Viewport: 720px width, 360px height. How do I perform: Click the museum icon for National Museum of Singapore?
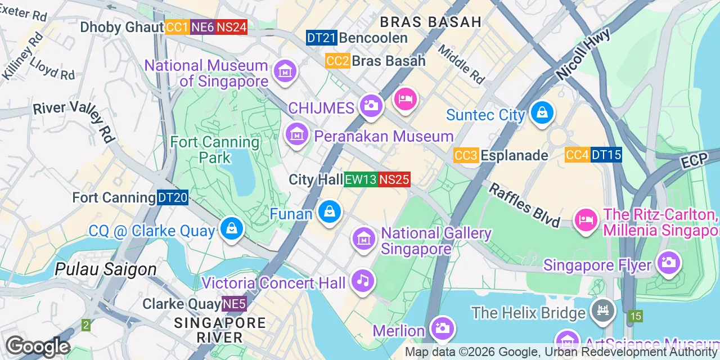[x=285, y=71]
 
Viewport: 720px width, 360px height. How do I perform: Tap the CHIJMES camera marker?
[x=371, y=105]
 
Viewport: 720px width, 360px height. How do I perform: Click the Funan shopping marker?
[x=330, y=212]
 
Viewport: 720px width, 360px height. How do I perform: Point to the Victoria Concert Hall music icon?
[x=363, y=280]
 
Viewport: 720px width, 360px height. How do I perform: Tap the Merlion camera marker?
[x=442, y=328]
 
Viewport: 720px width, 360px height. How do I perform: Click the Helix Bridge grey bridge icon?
[x=602, y=310]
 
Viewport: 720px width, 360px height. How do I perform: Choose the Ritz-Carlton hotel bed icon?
[x=586, y=219]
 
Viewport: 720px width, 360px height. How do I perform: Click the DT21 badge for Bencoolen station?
[x=322, y=38]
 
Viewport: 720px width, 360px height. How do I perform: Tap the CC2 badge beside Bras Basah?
[x=337, y=61]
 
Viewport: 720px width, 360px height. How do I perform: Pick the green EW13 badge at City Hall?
[x=361, y=179]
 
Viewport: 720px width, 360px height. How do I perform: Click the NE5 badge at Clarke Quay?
[x=234, y=304]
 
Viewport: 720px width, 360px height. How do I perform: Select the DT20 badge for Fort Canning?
[x=173, y=197]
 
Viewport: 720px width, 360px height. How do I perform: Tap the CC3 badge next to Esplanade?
[x=466, y=155]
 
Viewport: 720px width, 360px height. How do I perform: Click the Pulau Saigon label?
[x=106, y=269]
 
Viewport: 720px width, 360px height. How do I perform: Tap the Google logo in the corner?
[x=38, y=346]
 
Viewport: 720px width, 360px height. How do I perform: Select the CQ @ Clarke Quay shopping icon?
[x=231, y=228]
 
